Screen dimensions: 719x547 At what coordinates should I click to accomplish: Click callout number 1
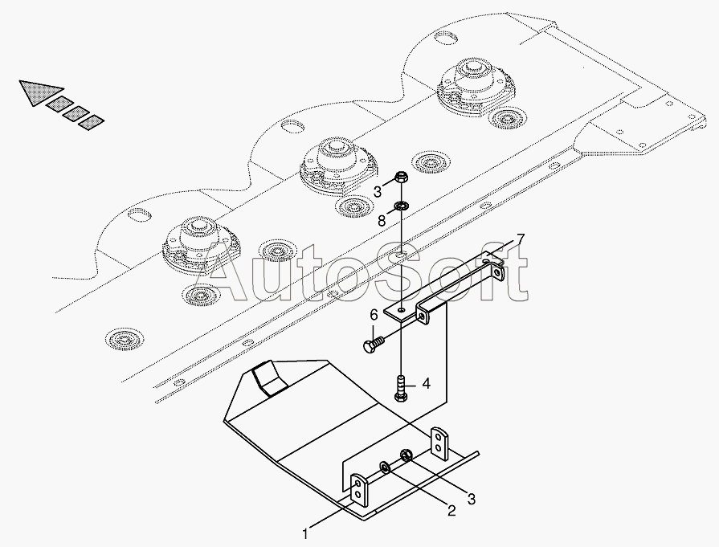(305, 533)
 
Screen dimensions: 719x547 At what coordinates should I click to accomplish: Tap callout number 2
(451, 510)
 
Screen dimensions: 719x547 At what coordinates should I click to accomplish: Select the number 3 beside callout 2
(472, 499)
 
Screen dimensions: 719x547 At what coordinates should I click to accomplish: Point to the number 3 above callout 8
(377, 191)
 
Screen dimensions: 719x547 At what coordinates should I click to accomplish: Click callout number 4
(427, 384)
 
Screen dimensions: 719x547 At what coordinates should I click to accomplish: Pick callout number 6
(374, 315)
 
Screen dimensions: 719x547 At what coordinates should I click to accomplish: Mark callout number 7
(521, 238)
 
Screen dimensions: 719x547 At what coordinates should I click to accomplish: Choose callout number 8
(383, 218)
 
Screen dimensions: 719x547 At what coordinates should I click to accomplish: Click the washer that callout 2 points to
(387, 467)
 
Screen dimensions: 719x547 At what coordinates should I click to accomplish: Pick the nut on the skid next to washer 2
(406, 457)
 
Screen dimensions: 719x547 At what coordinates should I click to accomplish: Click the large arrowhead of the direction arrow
(35, 92)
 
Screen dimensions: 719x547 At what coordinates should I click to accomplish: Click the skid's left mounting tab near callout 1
(358, 489)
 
